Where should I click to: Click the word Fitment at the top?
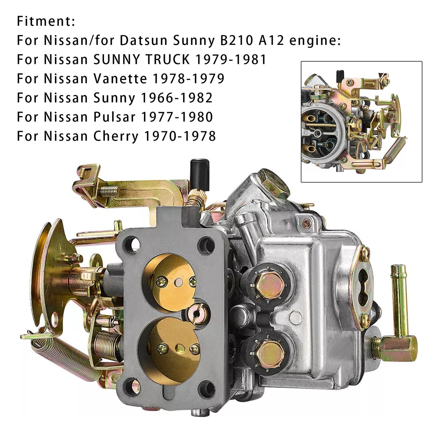tap(45, 22)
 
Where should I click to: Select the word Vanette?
tap(120, 79)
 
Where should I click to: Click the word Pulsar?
tap(114, 117)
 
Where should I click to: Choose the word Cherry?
tap(116, 136)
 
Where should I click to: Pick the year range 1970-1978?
tap(180, 136)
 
